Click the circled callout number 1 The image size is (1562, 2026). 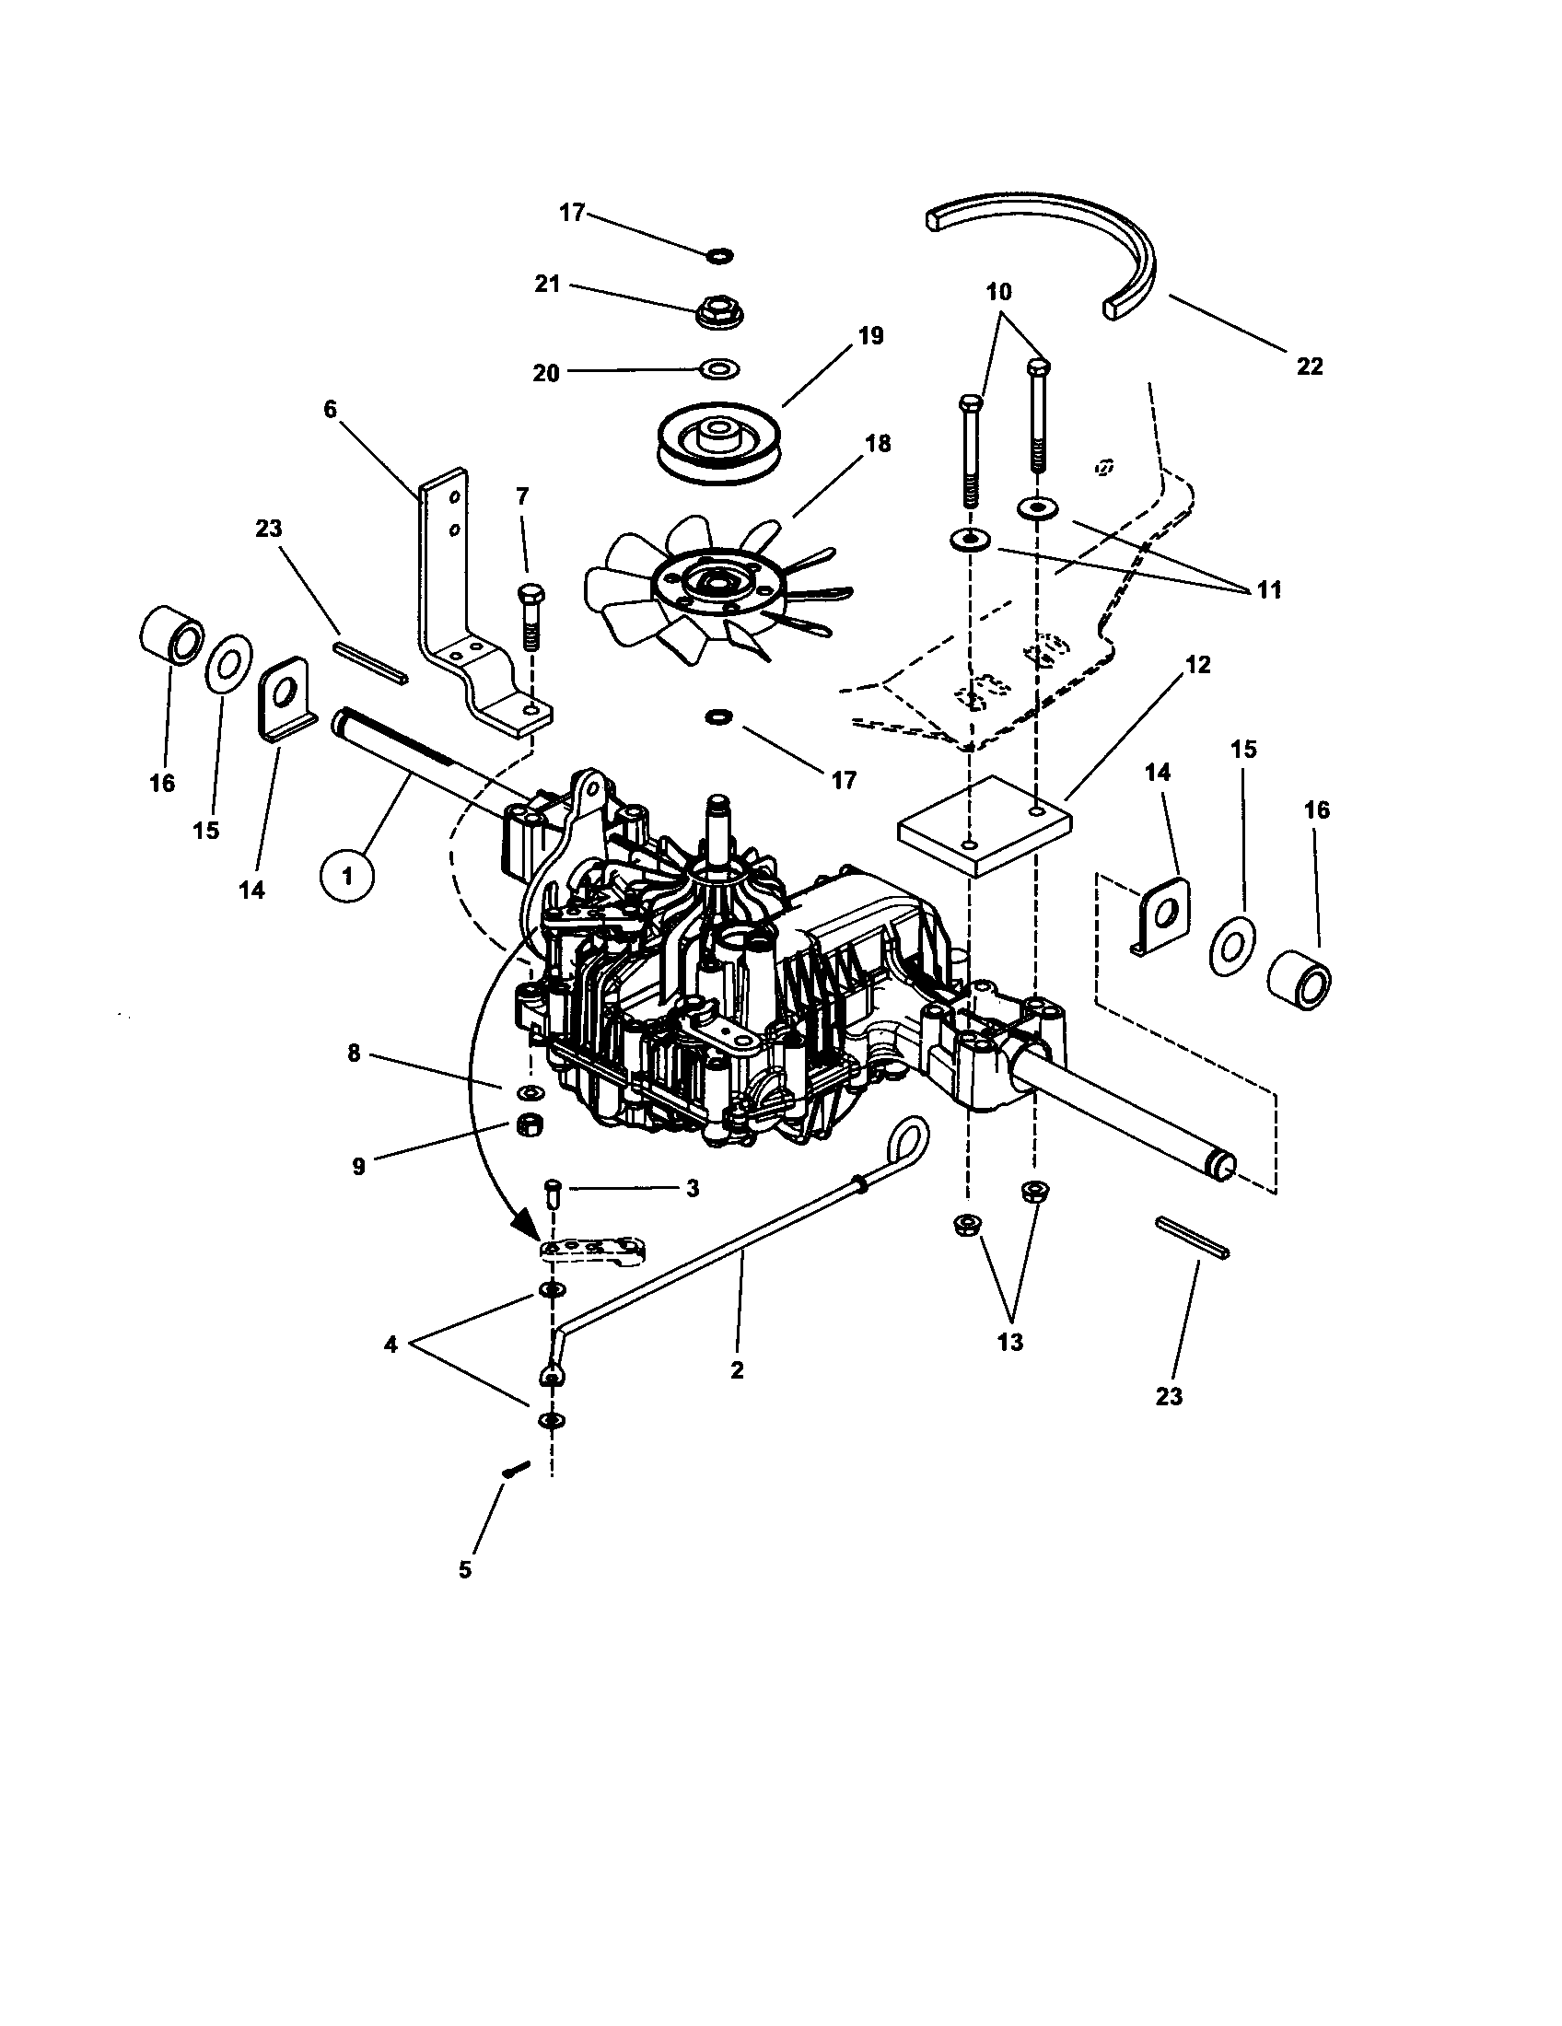(x=347, y=875)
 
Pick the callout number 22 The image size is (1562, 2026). (x=1309, y=367)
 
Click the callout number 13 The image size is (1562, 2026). (x=1009, y=1343)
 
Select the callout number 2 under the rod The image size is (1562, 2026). (x=737, y=1370)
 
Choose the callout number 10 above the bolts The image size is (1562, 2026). (x=998, y=292)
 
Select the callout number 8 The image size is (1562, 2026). (x=354, y=1054)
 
